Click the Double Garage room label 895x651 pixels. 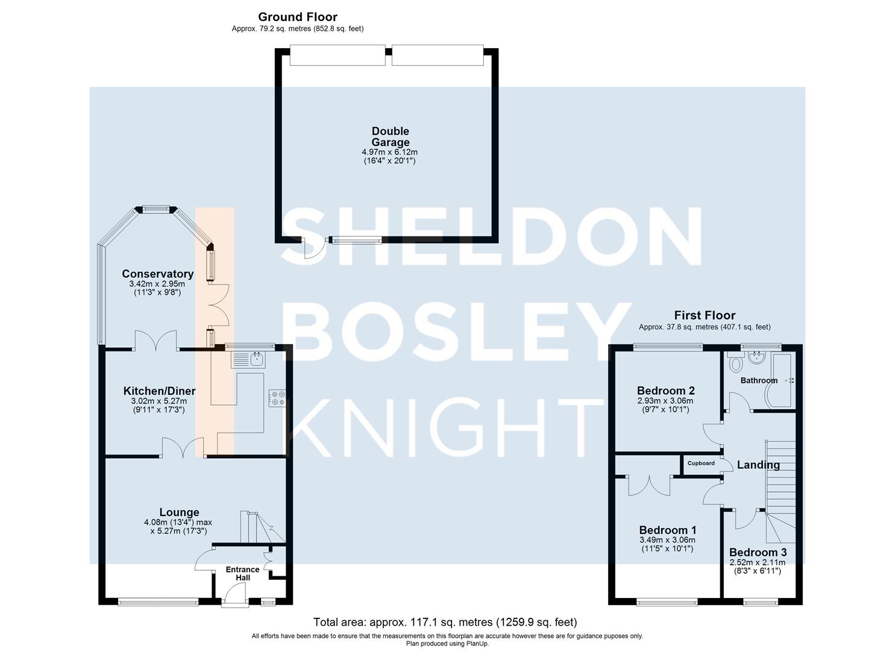[x=391, y=137]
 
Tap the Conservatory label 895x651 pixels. [x=157, y=274]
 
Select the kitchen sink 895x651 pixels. [x=248, y=360]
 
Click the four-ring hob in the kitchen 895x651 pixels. [x=277, y=398]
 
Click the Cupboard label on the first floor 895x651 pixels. [x=701, y=463]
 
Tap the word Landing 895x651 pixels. [x=758, y=465]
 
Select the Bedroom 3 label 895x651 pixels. [x=758, y=552]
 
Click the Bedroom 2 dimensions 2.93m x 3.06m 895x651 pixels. [x=665, y=401]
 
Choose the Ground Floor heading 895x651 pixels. [x=298, y=17]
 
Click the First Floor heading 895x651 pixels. [x=705, y=315]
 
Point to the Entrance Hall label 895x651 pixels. [x=242, y=573]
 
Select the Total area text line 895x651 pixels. [x=445, y=622]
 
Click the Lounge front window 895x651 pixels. [x=158, y=602]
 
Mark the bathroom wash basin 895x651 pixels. [x=756, y=357]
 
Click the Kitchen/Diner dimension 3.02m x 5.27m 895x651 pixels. [x=159, y=401]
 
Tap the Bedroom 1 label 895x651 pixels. [x=668, y=530]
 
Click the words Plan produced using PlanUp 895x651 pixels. [x=447, y=643]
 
